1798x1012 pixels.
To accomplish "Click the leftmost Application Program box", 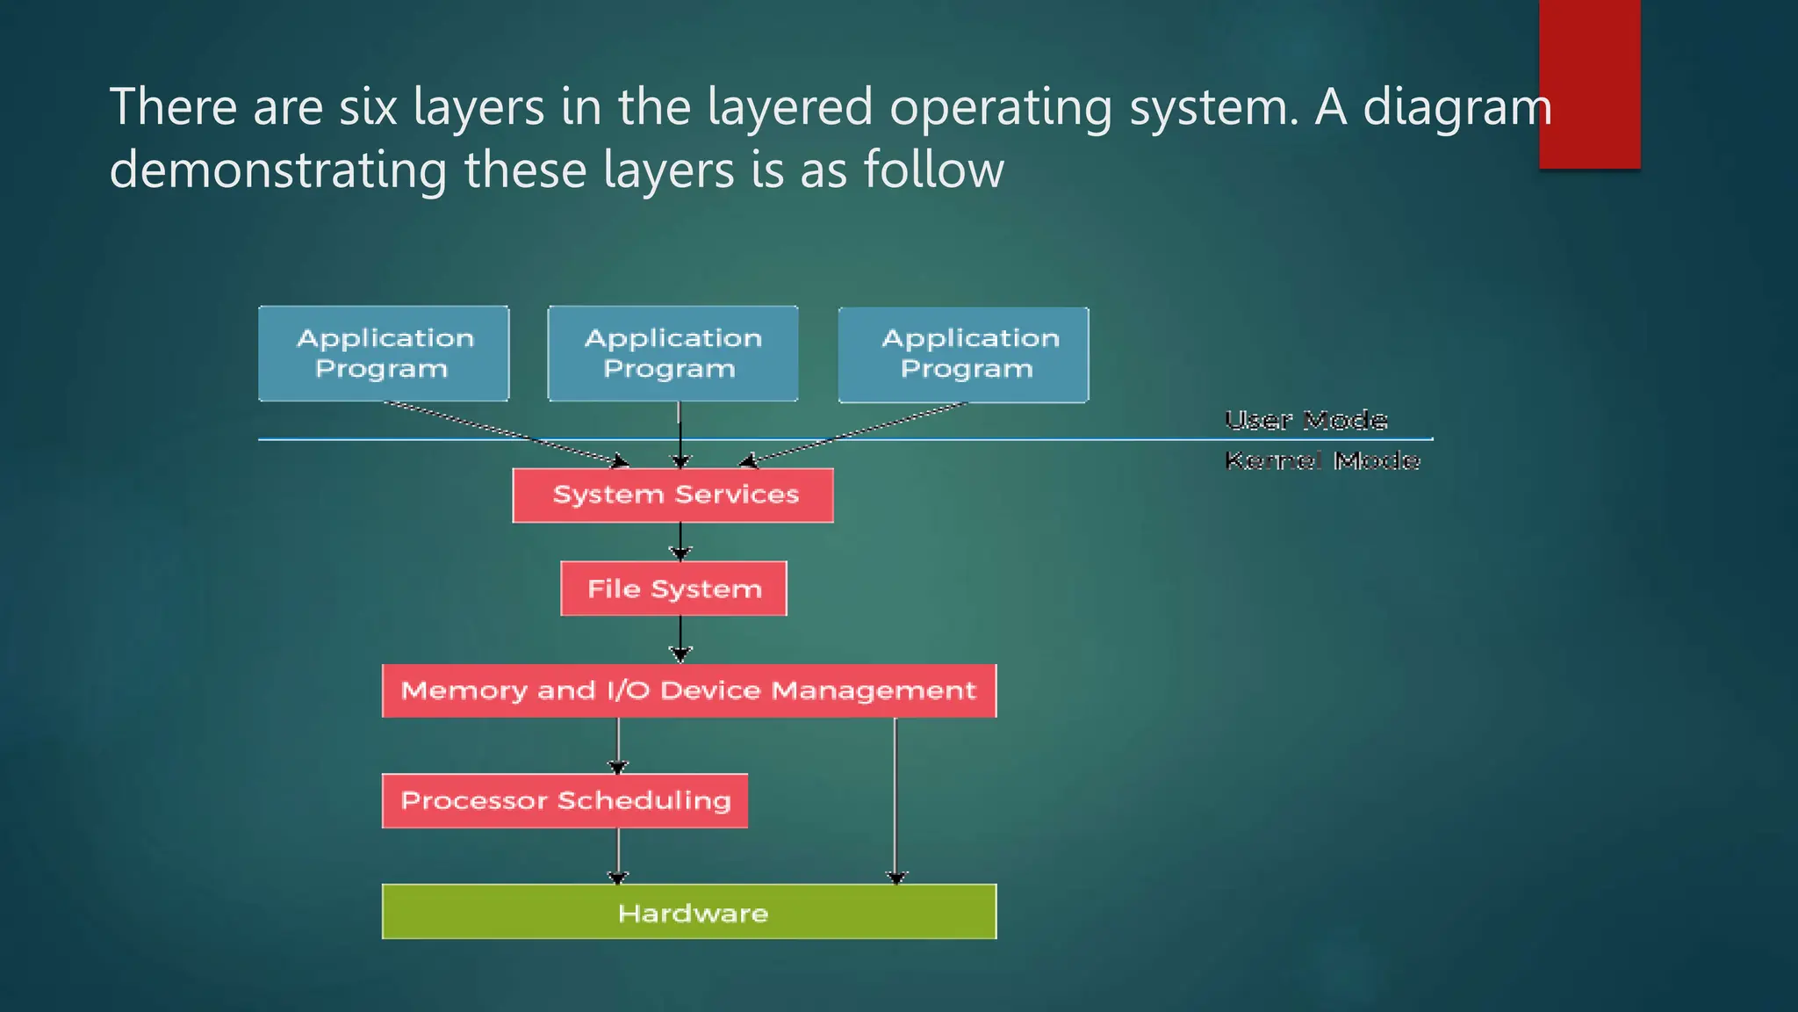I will point(384,353).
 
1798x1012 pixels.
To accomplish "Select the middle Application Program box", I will point(672,353).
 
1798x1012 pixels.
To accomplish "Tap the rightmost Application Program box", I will point(963,354).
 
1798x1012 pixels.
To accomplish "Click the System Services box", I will point(673,495).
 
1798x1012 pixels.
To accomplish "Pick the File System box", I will point(673,589).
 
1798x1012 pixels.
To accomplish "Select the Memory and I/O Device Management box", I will point(689,690).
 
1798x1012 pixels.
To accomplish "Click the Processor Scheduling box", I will point(565,800).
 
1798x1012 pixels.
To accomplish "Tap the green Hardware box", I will point(689,912).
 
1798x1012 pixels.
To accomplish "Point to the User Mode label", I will point(1305,420).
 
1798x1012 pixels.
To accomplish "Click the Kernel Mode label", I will point(1321,460).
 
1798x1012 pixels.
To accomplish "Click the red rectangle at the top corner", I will point(1589,83).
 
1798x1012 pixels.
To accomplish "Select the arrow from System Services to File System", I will point(680,541).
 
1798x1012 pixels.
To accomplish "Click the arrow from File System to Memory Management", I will point(680,639).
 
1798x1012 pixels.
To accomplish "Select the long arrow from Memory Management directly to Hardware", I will point(895,799).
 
